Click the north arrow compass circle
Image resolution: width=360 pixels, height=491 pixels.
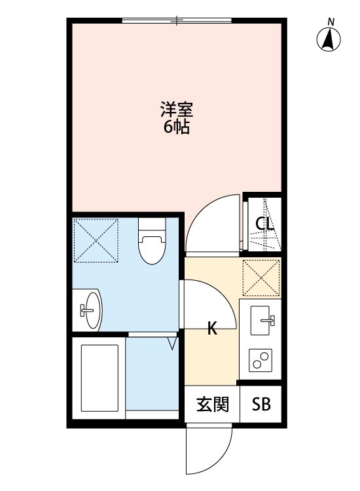tap(331, 41)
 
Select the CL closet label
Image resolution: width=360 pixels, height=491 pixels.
tap(264, 224)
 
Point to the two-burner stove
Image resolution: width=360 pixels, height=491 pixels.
tap(262, 360)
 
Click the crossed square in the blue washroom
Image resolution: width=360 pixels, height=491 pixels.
tap(96, 240)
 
